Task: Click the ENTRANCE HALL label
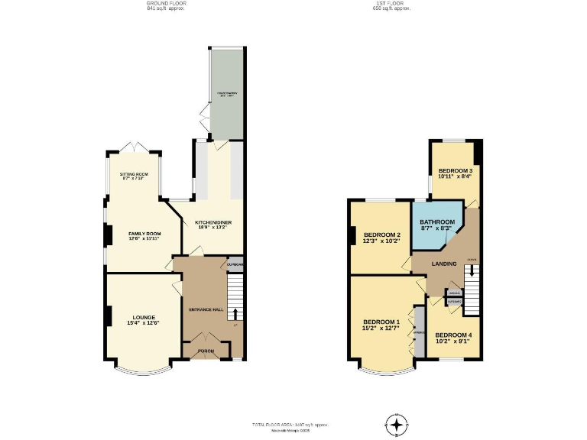(x=206, y=309)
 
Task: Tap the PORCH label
(x=206, y=351)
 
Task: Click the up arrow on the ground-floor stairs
(x=235, y=314)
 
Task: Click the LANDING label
(x=444, y=264)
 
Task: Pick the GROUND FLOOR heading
(x=167, y=4)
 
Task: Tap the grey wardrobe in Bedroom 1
(x=419, y=332)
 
